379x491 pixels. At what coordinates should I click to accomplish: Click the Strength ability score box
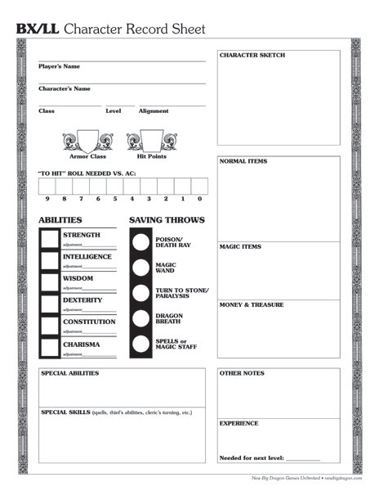pyautogui.click(x=50, y=239)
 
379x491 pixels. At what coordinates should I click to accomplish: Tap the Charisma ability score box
pyautogui.click(x=50, y=347)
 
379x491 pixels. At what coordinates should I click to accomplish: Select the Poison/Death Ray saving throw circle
pyautogui.click(x=141, y=242)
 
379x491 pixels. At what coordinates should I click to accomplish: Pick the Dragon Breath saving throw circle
pyautogui.click(x=141, y=318)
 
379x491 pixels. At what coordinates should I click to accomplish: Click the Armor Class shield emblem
pyautogui.click(x=87, y=140)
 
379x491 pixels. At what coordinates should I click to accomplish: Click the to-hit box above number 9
pyautogui.click(x=47, y=186)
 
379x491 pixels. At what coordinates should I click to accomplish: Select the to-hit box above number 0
pyautogui.click(x=199, y=186)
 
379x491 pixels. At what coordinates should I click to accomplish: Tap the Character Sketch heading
pyautogui.click(x=252, y=56)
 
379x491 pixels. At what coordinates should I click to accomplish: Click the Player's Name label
pyautogui.click(x=59, y=66)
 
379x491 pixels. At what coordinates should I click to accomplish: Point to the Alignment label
pyautogui.click(x=154, y=110)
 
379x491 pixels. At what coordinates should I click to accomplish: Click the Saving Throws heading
pyautogui.click(x=167, y=220)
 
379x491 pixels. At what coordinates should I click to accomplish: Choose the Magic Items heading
pyautogui.click(x=241, y=246)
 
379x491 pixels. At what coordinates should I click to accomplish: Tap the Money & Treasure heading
pyautogui.click(x=252, y=304)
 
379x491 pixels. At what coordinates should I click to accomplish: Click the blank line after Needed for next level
pyautogui.click(x=303, y=458)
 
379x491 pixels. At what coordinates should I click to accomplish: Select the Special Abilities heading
pyautogui.click(x=69, y=373)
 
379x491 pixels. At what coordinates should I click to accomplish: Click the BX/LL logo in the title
pyautogui.click(x=37, y=29)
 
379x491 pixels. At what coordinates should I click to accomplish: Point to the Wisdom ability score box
pyautogui.click(x=50, y=282)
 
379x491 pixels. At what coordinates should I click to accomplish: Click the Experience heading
pyautogui.click(x=239, y=423)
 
